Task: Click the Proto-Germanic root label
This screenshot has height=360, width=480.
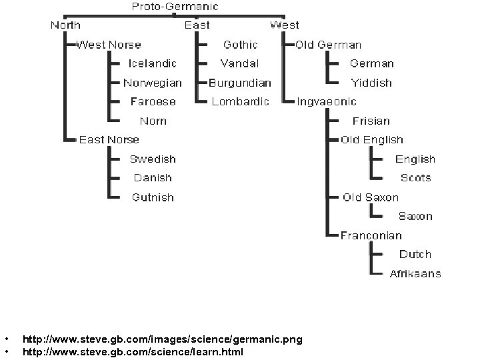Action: [x=175, y=7]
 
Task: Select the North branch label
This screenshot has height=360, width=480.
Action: [x=65, y=25]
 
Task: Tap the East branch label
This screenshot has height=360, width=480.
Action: [x=197, y=25]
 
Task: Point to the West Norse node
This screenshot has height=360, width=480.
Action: [x=109, y=45]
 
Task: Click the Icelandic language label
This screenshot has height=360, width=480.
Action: [x=153, y=63]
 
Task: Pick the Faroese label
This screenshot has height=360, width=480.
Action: [x=153, y=101]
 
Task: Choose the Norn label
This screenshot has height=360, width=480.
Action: [x=153, y=121]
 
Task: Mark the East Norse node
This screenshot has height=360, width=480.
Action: [x=109, y=139]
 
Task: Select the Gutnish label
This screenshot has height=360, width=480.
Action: [x=153, y=197]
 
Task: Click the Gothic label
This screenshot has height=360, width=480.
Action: [x=240, y=45]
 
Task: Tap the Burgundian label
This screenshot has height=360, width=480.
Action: [x=240, y=83]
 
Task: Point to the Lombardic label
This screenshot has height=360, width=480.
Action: [x=240, y=101]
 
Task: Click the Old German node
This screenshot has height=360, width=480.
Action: [x=329, y=45]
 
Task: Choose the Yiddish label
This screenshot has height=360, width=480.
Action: [x=371, y=83]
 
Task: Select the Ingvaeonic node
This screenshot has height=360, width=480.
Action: [x=327, y=101]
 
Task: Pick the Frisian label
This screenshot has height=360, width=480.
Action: [x=371, y=121]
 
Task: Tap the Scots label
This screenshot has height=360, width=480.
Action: [x=415, y=178]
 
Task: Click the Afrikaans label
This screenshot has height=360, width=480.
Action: [x=415, y=273]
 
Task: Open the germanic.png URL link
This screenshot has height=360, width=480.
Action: [x=162, y=339]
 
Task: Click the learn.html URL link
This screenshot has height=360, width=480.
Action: [x=133, y=351]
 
